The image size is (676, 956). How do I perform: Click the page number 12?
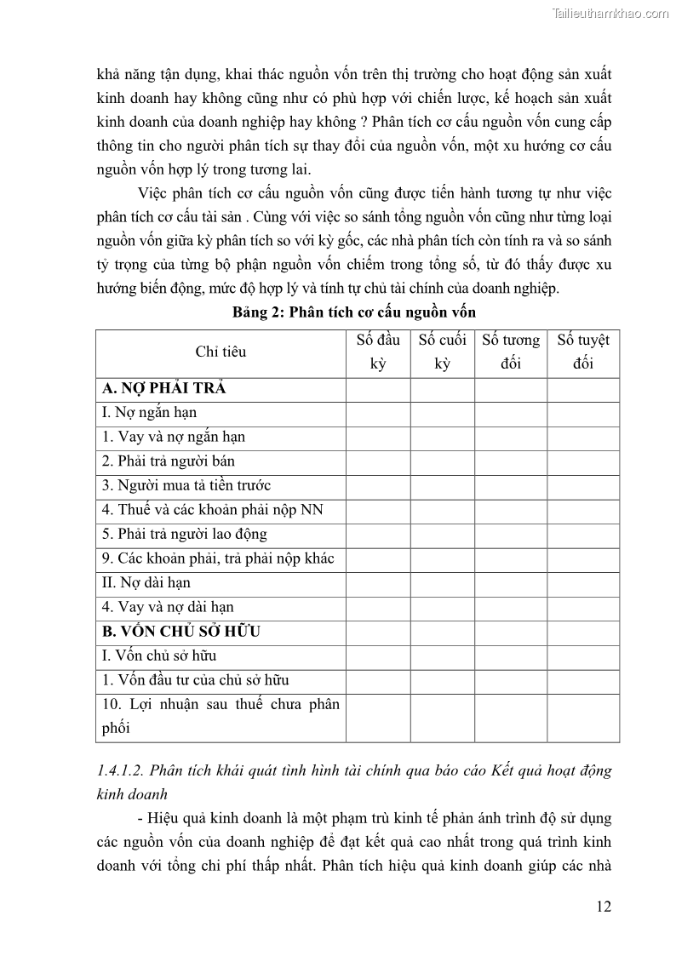click(x=603, y=906)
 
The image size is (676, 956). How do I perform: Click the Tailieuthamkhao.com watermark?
click(x=610, y=13)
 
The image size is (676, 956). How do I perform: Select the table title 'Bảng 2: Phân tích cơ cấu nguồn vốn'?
click(x=354, y=312)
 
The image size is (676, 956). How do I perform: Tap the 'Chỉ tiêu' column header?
click(x=221, y=352)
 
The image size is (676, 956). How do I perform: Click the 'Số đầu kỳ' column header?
click(x=378, y=352)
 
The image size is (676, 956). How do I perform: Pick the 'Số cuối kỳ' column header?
click(x=443, y=352)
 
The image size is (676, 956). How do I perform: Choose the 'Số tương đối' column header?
click(x=511, y=352)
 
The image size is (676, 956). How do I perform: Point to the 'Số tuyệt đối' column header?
click(x=583, y=352)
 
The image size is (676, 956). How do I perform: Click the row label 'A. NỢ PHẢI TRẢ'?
click(x=163, y=388)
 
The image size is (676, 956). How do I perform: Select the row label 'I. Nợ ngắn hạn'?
click(x=149, y=412)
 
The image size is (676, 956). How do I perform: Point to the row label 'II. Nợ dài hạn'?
click(x=146, y=583)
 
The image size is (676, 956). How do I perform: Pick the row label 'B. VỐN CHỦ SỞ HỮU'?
click(x=181, y=632)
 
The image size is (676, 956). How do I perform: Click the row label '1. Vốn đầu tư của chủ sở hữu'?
click(x=195, y=680)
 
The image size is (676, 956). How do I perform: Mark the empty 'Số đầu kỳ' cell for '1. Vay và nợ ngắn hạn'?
click(x=378, y=437)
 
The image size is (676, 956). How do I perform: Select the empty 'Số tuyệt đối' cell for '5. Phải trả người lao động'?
click(x=583, y=535)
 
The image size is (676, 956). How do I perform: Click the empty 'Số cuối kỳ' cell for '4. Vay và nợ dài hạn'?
click(x=443, y=608)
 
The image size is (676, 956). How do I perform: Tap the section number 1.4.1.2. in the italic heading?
click(x=126, y=771)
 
